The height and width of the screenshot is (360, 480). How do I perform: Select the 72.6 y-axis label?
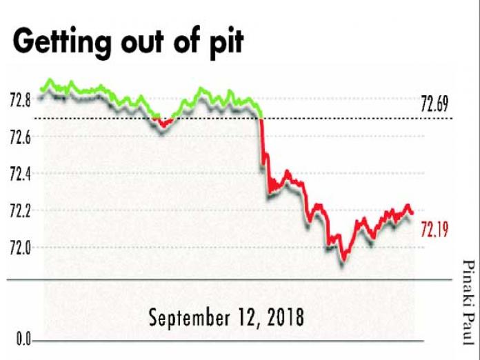(21, 139)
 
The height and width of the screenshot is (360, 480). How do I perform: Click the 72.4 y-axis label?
(21, 174)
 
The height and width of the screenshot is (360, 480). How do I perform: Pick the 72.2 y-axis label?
(21, 210)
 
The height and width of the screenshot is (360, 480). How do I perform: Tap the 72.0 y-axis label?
(21, 247)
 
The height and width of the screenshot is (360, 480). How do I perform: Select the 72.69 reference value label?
(434, 105)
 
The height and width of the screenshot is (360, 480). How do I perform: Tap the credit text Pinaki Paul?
(468, 301)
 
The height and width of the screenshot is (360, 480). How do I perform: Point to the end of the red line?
(412, 212)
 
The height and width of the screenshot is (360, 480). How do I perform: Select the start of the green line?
(41, 89)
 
